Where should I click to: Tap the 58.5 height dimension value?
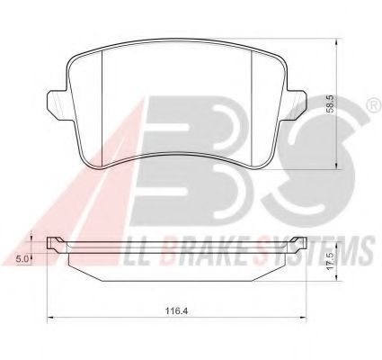[332, 104]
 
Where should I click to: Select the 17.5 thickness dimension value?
[331, 262]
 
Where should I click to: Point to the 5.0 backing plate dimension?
[22, 259]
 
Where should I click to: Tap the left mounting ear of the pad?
[56, 104]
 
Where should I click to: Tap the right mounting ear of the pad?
[297, 104]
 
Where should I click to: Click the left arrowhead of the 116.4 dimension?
[50, 317]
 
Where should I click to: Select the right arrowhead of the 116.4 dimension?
[303, 317]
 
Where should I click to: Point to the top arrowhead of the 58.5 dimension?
[337, 41]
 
